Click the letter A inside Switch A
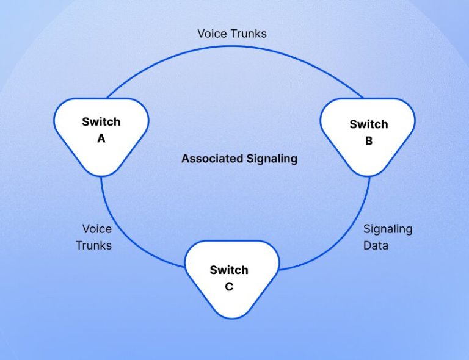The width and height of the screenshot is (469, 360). (x=101, y=139)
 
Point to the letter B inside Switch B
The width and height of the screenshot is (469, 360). (x=369, y=141)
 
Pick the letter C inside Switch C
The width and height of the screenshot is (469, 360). (x=229, y=287)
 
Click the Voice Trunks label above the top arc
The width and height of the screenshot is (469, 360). (x=232, y=34)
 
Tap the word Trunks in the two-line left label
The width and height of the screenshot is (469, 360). (x=94, y=245)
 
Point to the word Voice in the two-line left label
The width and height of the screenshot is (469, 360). (x=97, y=229)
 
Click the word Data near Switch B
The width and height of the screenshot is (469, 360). (x=376, y=245)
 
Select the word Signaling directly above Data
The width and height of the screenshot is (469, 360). (x=388, y=229)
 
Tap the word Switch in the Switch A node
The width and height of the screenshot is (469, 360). (x=101, y=121)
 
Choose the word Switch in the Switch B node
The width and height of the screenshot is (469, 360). (x=369, y=124)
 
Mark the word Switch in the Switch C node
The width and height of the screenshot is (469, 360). (x=229, y=270)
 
